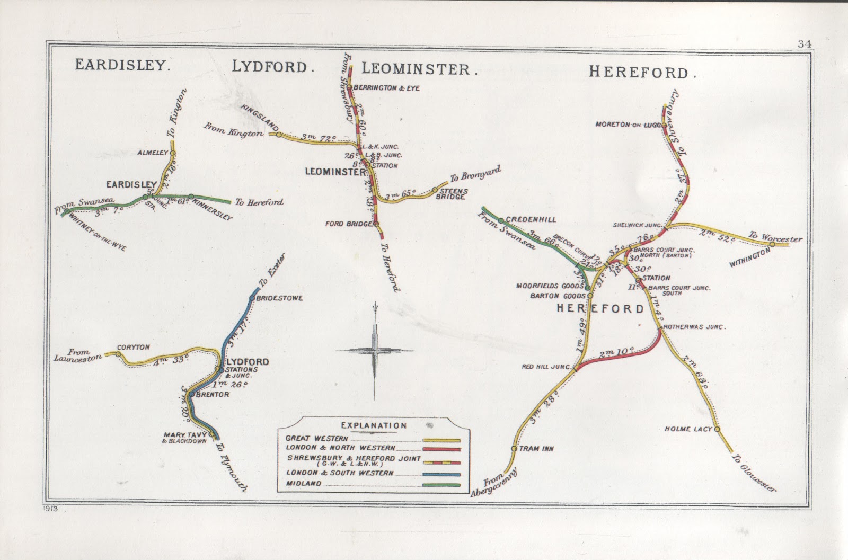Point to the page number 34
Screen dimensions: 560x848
[804, 45]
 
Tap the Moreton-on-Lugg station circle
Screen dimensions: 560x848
[663, 125]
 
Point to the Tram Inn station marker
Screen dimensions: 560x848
[514, 448]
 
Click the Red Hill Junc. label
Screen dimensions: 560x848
[546, 367]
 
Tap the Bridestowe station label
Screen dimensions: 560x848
[279, 298]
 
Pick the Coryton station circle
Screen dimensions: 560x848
[118, 354]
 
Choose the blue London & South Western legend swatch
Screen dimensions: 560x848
[441, 474]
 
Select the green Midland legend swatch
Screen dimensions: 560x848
[441, 484]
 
